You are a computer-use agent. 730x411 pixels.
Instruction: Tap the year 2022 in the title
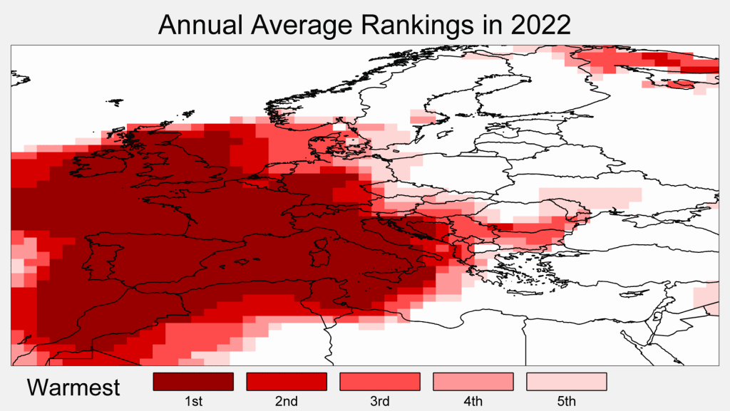(540, 25)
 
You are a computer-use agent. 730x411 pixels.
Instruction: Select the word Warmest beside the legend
(73, 387)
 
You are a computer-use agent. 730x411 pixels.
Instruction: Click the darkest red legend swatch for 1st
(193, 382)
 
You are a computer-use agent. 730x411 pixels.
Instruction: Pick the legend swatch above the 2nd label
(287, 382)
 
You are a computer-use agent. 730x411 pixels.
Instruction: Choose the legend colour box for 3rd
(380, 382)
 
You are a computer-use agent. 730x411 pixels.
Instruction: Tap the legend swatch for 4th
(473, 382)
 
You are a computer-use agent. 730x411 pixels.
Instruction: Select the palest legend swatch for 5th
(566, 382)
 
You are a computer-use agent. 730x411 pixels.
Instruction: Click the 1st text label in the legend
(193, 402)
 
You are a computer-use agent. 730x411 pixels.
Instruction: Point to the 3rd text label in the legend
(380, 402)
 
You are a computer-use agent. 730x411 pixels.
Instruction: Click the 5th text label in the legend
(566, 402)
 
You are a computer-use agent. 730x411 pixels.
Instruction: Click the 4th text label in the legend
(473, 402)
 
